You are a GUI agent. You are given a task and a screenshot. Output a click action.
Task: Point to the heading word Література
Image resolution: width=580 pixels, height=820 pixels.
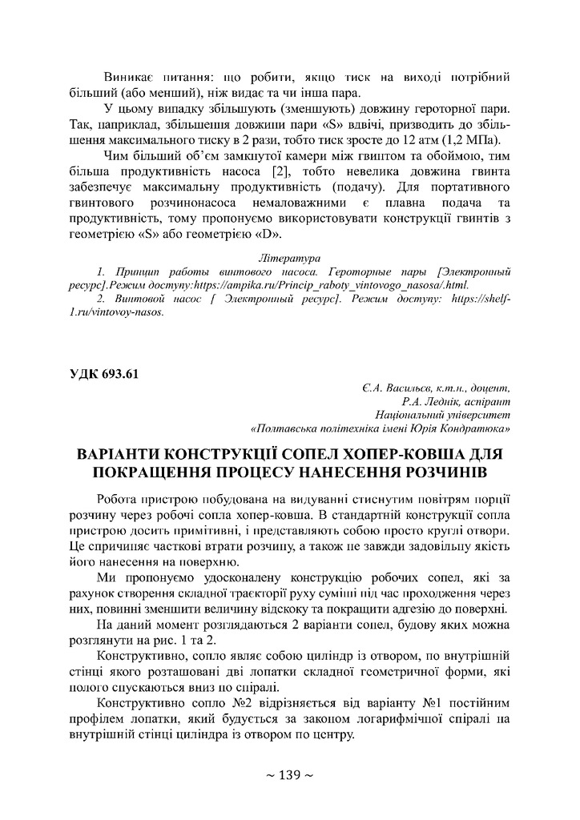[x=289, y=259]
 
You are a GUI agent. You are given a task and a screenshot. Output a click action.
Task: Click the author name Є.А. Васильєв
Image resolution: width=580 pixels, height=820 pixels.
[x=397, y=389]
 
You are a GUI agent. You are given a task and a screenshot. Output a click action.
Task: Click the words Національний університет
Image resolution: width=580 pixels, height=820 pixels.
[x=442, y=415]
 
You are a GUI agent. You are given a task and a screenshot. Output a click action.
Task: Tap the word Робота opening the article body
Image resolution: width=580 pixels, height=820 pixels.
[x=119, y=498]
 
